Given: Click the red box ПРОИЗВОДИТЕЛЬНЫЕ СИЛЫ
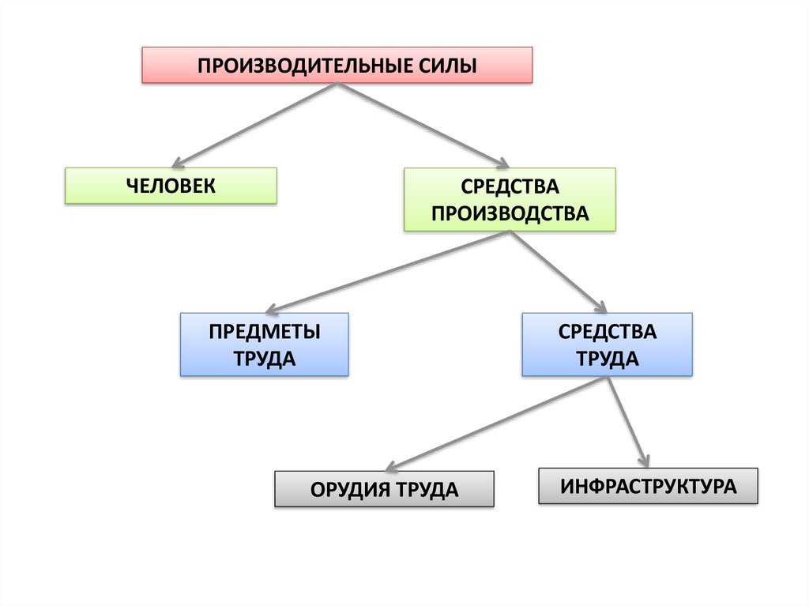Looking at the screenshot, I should tap(337, 65).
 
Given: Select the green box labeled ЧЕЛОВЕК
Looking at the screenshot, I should tap(171, 186).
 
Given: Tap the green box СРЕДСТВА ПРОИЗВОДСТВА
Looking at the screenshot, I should tap(510, 199).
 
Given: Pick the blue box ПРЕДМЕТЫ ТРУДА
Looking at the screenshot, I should tap(265, 344).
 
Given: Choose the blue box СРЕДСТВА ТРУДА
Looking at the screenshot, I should tap(607, 344).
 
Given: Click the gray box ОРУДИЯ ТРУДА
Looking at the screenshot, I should tap(384, 489).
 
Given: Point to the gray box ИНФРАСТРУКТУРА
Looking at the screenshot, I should tap(648, 485).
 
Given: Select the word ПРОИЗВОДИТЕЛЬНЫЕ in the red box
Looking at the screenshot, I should tap(302, 65).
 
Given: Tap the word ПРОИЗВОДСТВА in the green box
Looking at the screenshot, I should tap(510, 213).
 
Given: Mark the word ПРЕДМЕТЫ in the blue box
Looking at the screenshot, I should tap(265, 331).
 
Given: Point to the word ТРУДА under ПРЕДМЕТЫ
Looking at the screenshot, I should tap(265, 359).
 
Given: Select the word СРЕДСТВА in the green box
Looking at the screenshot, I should tap(510, 186).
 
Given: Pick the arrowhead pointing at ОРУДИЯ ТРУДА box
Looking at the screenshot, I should tap(390, 468).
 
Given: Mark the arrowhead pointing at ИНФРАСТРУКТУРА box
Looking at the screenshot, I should tap(645, 460).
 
